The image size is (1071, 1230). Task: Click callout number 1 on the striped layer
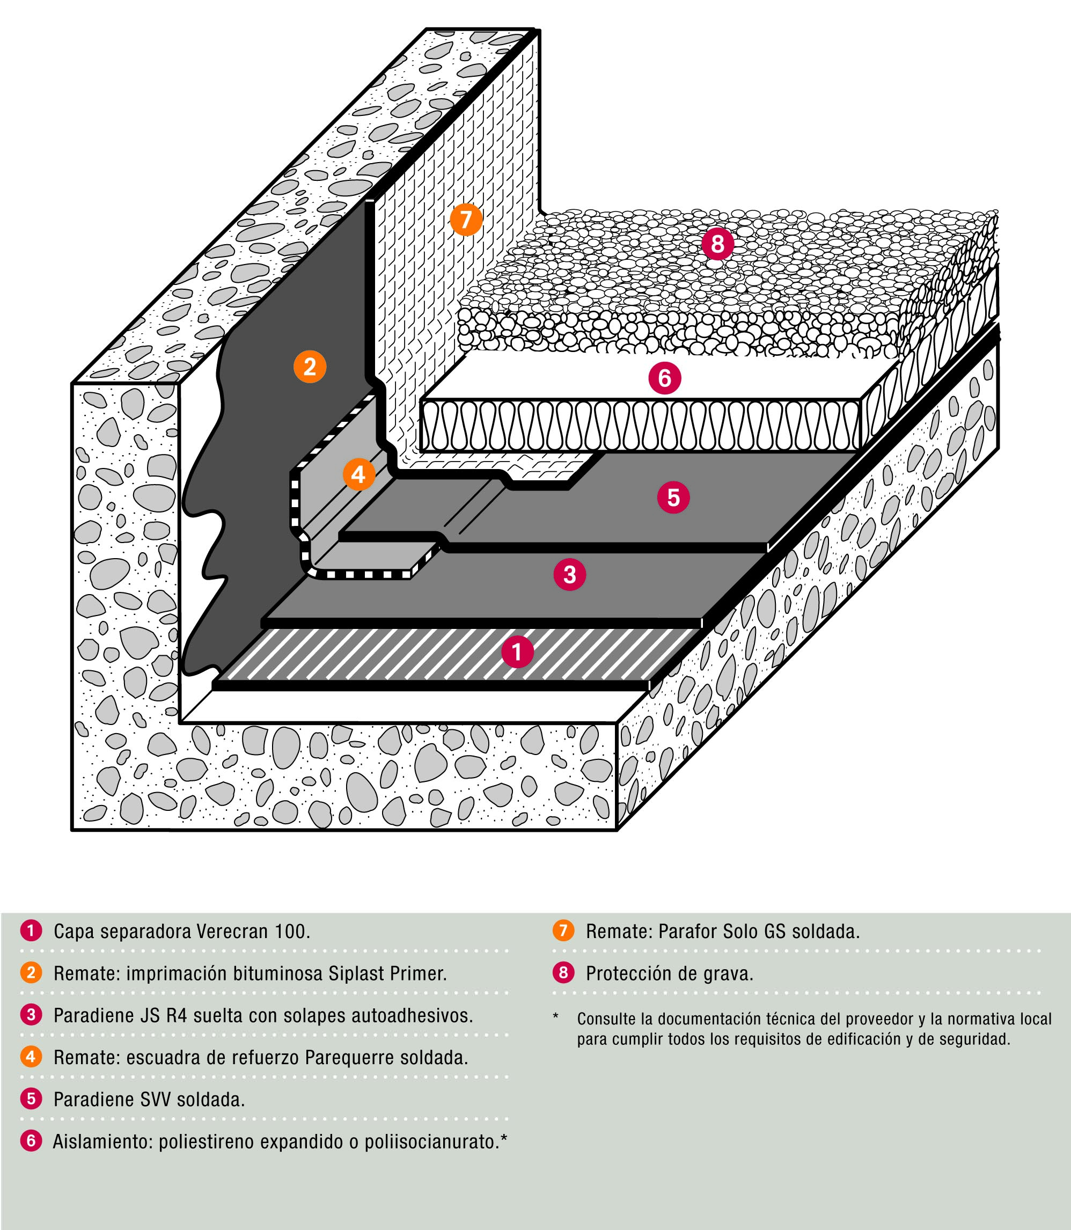(x=517, y=651)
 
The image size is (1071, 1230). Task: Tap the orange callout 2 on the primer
(x=310, y=367)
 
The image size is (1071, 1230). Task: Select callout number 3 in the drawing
(x=569, y=574)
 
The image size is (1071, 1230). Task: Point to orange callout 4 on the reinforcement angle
(x=358, y=474)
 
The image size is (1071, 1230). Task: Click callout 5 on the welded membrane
(x=673, y=497)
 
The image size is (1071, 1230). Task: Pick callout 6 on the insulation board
(x=665, y=378)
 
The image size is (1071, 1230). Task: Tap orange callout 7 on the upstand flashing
(x=466, y=219)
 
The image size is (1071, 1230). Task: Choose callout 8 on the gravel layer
(x=717, y=244)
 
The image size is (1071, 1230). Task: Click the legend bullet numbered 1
(x=31, y=931)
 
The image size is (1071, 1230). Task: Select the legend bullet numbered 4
(x=31, y=1057)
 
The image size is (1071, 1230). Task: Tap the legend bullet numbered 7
(x=563, y=931)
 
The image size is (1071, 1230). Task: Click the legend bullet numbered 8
(x=563, y=973)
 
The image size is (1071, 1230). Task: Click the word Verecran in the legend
(x=232, y=931)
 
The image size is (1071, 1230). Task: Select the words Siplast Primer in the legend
(x=387, y=973)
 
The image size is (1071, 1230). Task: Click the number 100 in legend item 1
(x=290, y=931)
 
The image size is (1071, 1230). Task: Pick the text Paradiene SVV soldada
(x=149, y=1100)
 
